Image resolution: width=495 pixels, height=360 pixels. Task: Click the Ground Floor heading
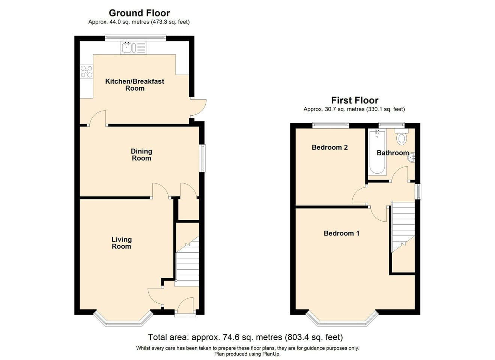[139, 13]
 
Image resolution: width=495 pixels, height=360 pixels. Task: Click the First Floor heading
[354, 100]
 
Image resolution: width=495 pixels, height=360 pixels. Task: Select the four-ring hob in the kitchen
[86, 72]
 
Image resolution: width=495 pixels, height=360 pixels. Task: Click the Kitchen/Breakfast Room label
[134, 85]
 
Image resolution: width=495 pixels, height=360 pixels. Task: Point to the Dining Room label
[141, 154]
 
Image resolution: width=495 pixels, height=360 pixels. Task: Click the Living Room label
[121, 243]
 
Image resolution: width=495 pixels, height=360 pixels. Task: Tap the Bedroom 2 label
[329, 147]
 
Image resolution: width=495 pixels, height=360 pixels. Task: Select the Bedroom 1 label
[341, 233]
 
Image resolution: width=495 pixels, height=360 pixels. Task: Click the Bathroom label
[393, 153]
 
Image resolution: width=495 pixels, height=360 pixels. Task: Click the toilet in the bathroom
[401, 137]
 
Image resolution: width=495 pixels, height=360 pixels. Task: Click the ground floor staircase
[187, 262]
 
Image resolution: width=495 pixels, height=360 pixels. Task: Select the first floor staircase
[403, 227]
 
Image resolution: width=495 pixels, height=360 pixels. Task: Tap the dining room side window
[203, 158]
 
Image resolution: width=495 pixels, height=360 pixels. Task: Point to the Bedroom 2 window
[331, 125]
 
